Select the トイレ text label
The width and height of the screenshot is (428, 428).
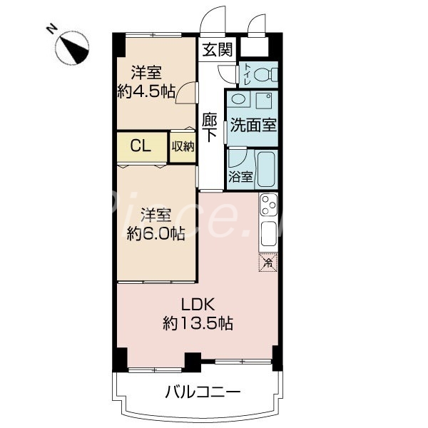(245, 73)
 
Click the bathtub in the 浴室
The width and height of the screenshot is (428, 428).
(267, 168)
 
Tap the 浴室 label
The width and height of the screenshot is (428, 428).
(239, 177)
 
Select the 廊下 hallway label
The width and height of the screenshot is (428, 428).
(210, 127)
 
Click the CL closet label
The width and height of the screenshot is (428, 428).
(140, 146)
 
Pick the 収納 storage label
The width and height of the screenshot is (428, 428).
(183, 146)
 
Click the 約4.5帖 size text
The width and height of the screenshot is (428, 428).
(146, 91)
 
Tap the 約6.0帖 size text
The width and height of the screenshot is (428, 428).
(156, 233)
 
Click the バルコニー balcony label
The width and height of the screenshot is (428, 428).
(203, 392)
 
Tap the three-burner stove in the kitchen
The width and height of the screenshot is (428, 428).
(268, 206)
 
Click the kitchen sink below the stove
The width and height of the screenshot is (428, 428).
(268, 233)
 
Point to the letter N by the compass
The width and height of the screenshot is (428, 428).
(51, 29)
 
